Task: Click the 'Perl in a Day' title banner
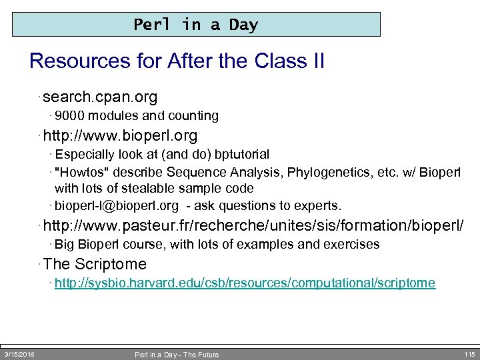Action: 196,25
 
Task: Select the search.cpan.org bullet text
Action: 100,97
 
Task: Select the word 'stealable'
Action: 160,188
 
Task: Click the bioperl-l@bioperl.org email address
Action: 117,205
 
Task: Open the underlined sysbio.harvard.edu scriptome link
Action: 245,283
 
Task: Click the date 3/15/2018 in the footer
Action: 20,353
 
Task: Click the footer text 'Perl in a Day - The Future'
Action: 177,354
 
